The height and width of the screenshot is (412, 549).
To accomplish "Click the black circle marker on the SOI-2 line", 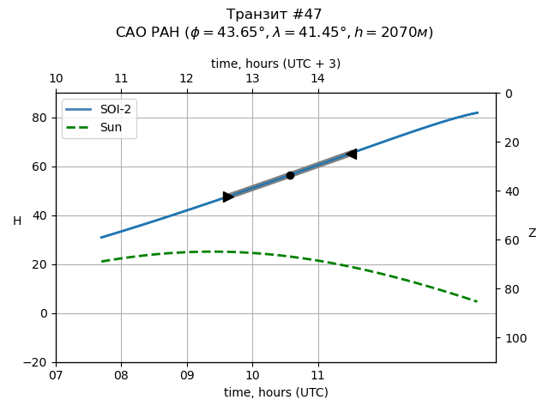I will pyautogui.click(x=290, y=175).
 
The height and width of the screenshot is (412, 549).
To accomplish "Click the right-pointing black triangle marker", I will pyautogui.click(x=228, y=197).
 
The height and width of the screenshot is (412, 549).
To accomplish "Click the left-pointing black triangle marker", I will pyautogui.click(x=351, y=154).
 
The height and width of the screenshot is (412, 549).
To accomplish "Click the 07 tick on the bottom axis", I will pyautogui.click(x=56, y=375).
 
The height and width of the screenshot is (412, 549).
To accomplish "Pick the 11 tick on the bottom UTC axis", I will pyautogui.click(x=318, y=375).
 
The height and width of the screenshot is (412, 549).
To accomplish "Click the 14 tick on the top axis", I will pyautogui.click(x=318, y=79).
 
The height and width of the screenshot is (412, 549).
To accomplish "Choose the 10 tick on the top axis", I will pyautogui.click(x=56, y=79).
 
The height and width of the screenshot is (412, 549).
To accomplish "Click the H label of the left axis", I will pyautogui.click(x=17, y=221).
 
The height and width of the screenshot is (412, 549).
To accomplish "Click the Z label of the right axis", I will pyautogui.click(x=532, y=233).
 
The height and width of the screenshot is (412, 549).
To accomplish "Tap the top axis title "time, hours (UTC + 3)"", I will pyautogui.click(x=275, y=64).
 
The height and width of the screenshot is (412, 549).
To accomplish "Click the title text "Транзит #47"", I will pyautogui.click(x=274, y=15).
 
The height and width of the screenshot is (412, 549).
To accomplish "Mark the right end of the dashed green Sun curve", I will pyautogui.click(x=477, y=301).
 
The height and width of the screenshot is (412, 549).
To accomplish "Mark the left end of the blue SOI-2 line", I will pyautogui.click(x=101, y=238).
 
